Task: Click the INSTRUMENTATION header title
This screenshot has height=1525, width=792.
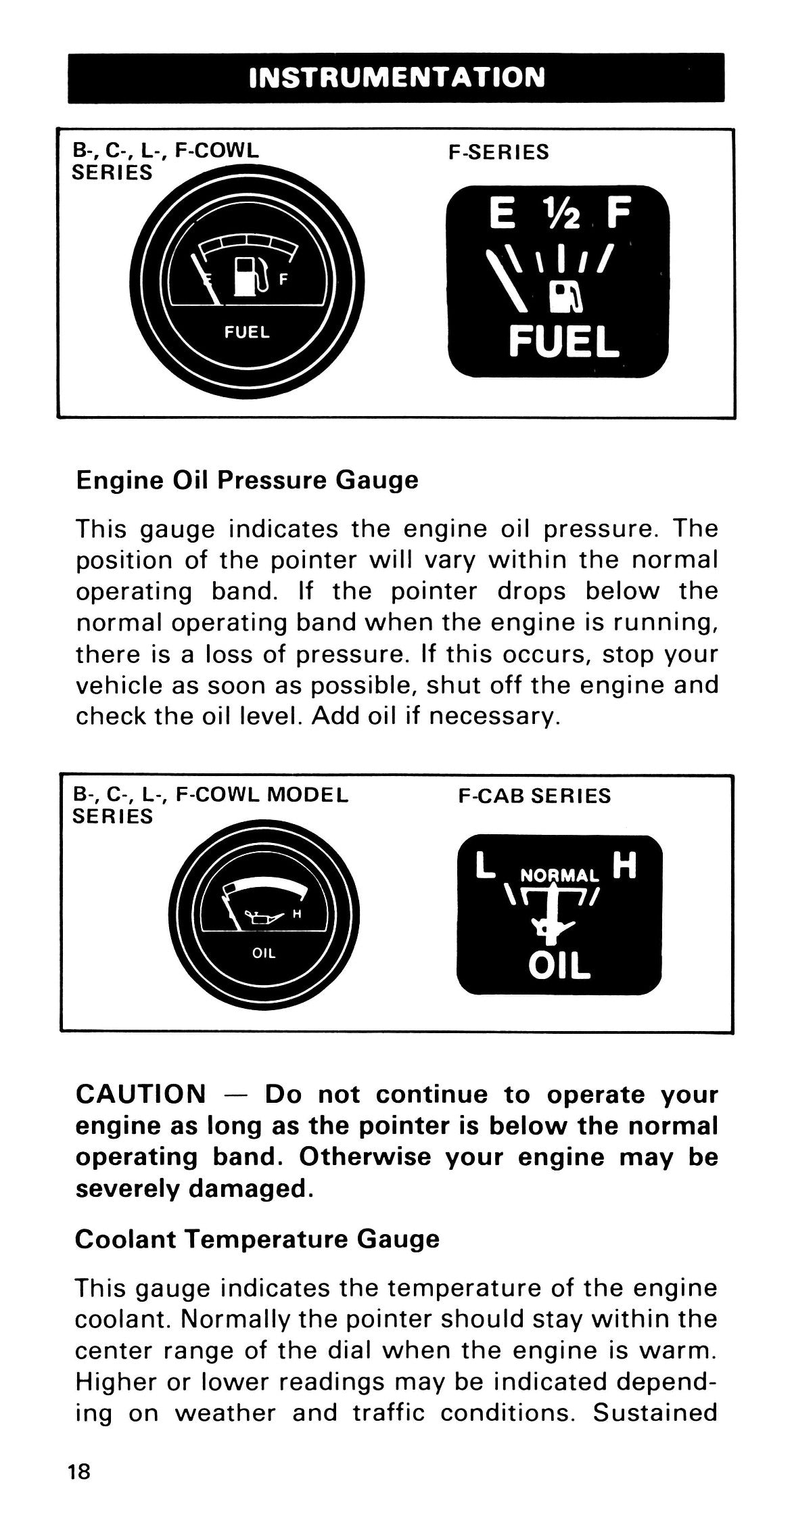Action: coord(396,78)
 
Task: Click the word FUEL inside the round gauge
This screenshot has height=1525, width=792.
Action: coord(247,332)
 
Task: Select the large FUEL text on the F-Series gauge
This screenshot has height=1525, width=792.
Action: coord(563,342)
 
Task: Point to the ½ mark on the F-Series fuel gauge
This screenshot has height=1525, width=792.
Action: coord(559,215)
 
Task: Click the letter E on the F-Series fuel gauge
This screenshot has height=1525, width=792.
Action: coord(502,215)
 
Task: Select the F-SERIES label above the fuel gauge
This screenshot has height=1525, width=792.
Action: coord(498,152)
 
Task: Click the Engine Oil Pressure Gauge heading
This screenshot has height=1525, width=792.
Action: coord(247,480)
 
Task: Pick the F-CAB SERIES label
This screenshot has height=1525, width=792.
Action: coord(534,796)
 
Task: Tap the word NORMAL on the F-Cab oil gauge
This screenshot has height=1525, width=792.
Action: coord(560,875)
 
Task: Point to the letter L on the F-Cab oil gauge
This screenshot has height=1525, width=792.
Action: coord(486,867)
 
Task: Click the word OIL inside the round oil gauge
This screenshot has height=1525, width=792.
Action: coord(263,954)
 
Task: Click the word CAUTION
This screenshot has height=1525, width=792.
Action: coord(141,1094)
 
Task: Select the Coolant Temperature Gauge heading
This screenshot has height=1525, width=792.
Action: coord(257,1239)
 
